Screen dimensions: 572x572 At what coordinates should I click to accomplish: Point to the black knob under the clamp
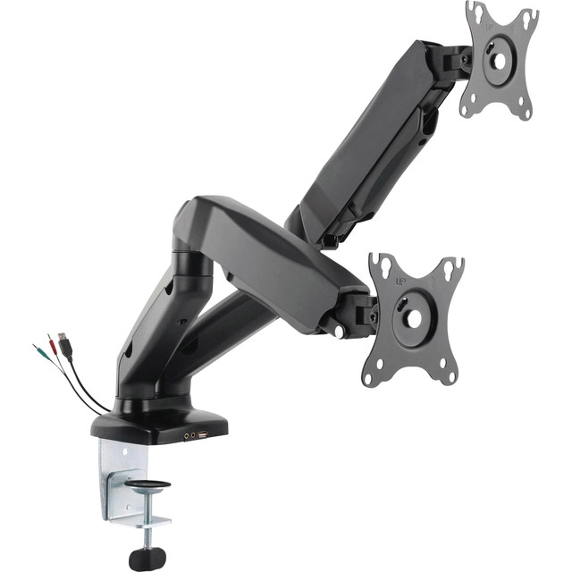tap(147, 558)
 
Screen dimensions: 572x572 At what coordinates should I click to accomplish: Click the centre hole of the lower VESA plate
tap(415, 317)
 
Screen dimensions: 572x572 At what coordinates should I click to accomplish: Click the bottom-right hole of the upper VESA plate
tap(528, 114)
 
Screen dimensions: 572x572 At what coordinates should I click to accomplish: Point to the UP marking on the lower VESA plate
tap(405, 278)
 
